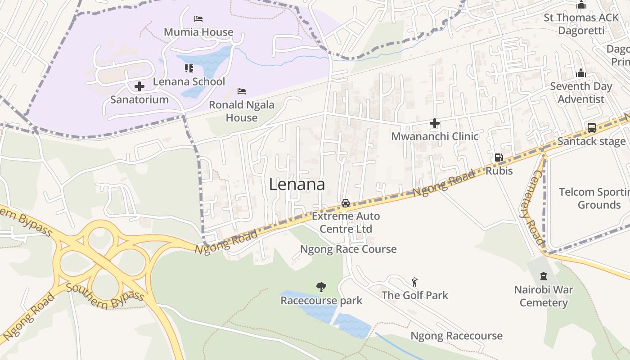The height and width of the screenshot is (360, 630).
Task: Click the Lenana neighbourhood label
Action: (297, 184)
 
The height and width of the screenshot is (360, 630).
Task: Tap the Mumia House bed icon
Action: (198, 19)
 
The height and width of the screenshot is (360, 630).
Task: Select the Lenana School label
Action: (189, 81)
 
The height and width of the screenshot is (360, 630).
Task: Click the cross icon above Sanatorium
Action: (139, 86)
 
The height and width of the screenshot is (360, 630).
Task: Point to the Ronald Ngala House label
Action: (242, 111)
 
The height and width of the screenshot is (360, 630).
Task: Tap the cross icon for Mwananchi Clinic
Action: (435, 123)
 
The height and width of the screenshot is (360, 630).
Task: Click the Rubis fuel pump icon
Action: (499, 157)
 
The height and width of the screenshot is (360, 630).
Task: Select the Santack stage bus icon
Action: (591, 127)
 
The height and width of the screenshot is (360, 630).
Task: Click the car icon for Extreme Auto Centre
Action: (346, 203)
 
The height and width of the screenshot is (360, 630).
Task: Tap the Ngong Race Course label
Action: (348, 249)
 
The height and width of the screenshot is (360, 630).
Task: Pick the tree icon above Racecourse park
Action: (321, 287)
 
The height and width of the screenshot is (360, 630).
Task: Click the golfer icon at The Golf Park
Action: (414, 282)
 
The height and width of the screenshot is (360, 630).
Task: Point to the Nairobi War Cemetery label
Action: (544, 296)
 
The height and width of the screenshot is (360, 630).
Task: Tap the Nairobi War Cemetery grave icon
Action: (544, 276)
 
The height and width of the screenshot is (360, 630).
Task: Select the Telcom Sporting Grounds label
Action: (594, 198)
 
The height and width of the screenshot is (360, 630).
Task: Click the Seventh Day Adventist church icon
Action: (581, 73)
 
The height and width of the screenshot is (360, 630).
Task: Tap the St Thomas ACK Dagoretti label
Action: (581, 24)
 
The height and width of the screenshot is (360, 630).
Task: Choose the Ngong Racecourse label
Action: (456, 336)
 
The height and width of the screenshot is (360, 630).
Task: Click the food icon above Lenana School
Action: (189, 68)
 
